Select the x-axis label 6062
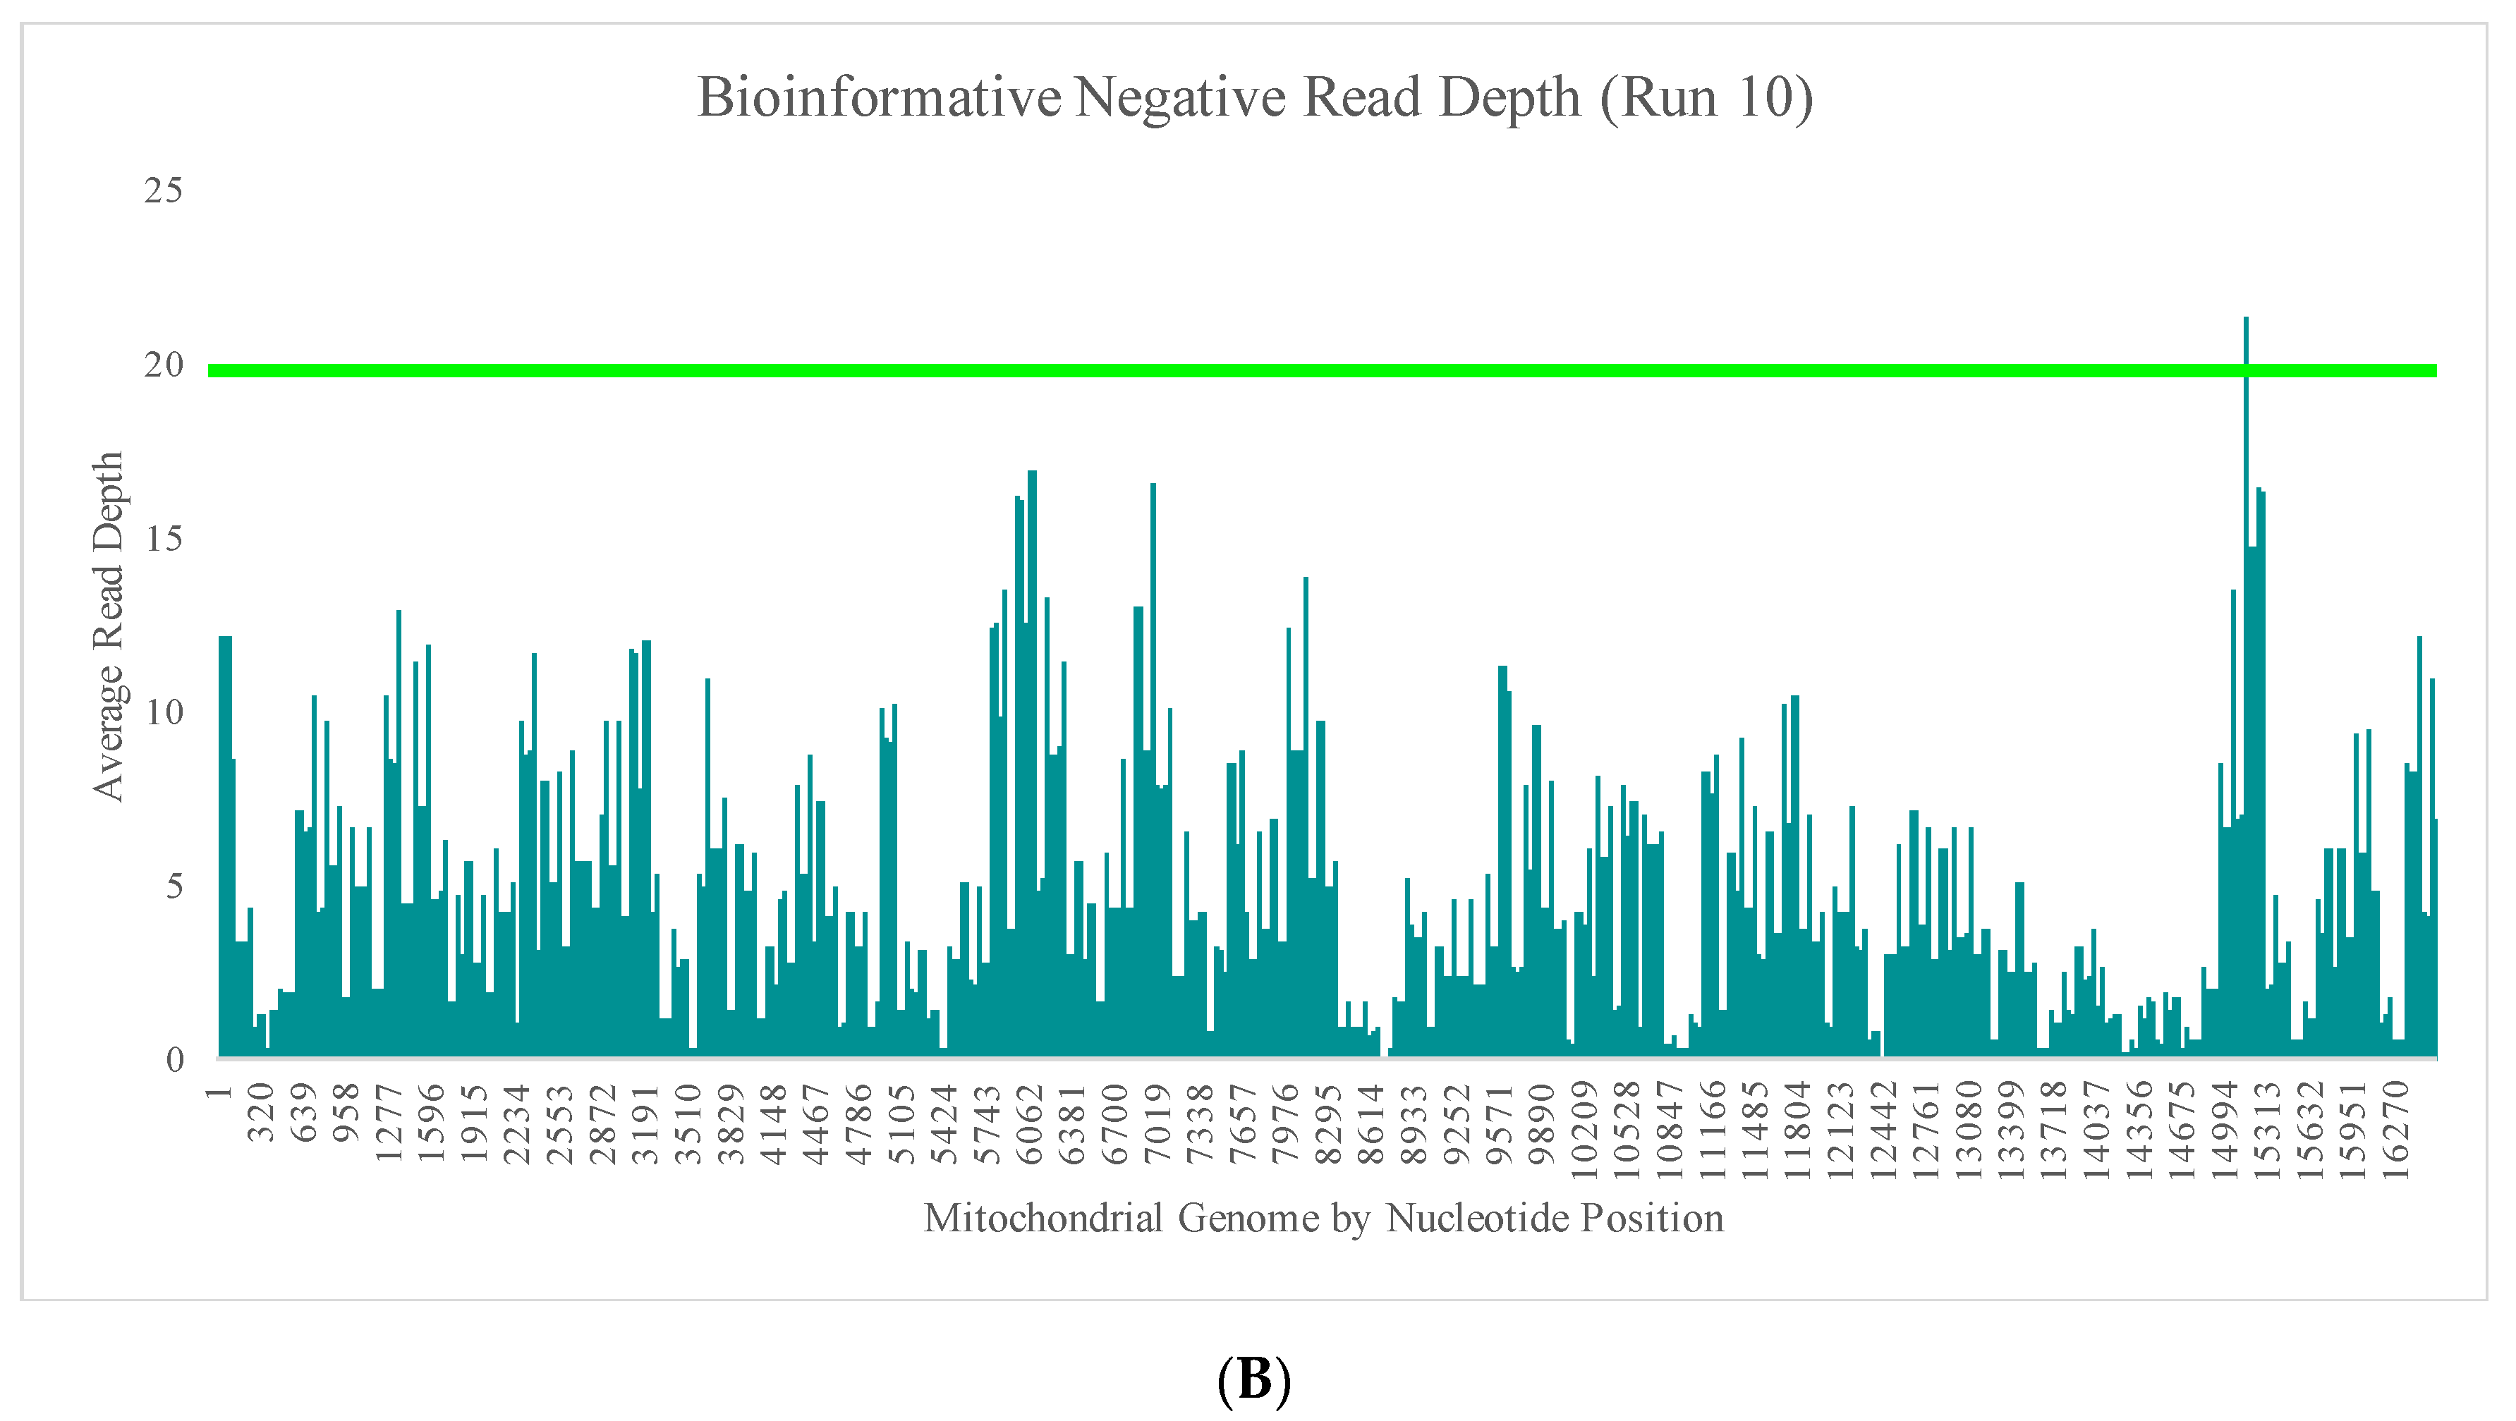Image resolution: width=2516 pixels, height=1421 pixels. [1031, 1123]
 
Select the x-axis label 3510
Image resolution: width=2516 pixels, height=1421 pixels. [688, 1123]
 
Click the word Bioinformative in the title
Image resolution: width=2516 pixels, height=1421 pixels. [879, 97]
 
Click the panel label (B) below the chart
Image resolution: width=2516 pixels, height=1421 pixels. [1254, 1380]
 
